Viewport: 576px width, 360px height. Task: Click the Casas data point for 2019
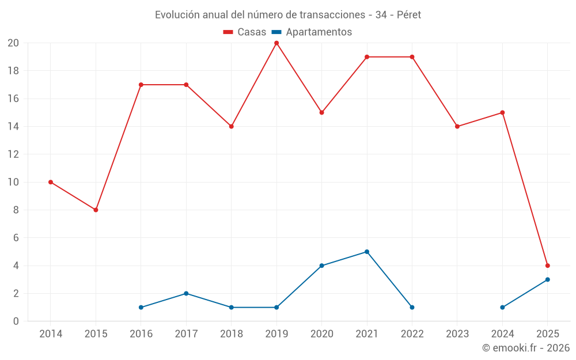(x=276, y=43)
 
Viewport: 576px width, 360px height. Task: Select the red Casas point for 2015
(x=96, y=210)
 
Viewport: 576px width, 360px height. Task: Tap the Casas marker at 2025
(x=547, y=266)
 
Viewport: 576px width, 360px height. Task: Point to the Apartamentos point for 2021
(x=367, y=252)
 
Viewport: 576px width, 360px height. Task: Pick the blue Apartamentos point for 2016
(x=141, y=307)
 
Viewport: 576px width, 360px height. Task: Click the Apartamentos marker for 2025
(x=547, y=279)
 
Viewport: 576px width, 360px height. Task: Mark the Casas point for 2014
(x=51, y=182)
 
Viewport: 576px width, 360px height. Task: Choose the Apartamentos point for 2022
(x=412, y=307)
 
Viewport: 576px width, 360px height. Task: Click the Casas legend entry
(x=245, y=32)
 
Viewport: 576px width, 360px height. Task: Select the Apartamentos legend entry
(x=312, y=32)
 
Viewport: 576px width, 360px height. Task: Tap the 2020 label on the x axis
(x=321, y=334)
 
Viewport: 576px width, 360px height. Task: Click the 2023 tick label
(x=457, y=334)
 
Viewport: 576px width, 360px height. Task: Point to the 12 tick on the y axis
(x=13, y=154)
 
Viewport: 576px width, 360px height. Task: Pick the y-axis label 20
(x=13, y=43)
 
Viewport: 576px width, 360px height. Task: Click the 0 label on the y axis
(x=16, y=321)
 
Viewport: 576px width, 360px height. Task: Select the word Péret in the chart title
(x=409, y=15)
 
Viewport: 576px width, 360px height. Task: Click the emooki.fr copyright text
(x=526, y=348)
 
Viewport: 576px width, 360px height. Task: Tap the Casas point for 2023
(x=457, y=126)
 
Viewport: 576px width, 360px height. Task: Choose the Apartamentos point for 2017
(x=186, y=293)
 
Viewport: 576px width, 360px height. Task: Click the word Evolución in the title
(x=175, y=15)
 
